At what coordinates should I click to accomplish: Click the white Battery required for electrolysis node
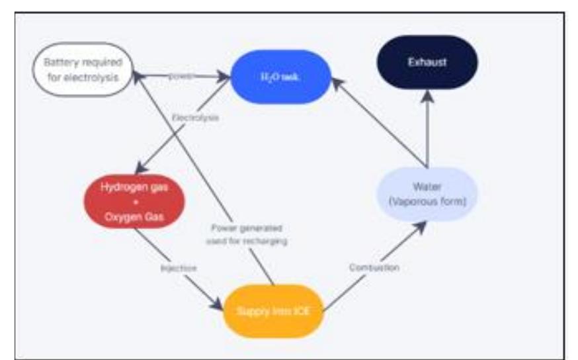(x=83, y=70)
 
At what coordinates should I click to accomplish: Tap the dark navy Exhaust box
(x=427, y=62)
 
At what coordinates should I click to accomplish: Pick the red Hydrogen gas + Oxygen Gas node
(x=134, y=201)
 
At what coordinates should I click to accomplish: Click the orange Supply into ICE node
(x=273, y=310)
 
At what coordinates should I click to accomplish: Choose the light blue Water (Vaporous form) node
(x=427, y=194)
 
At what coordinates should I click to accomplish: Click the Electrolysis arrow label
(x=195, y=117)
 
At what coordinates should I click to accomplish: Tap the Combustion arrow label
(x=374, y=268)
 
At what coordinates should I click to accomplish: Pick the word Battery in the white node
(x=62, y=63)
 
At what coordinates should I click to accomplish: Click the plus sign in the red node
(x=134, y=201)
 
